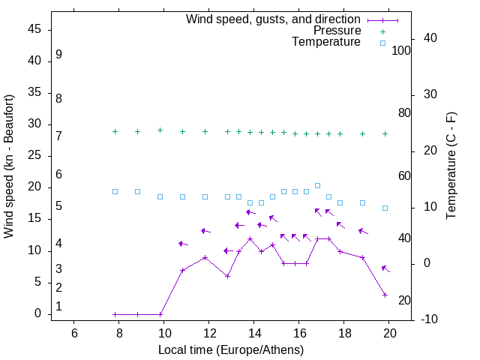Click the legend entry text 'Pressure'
coord(336,31)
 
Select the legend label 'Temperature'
coord(326,43)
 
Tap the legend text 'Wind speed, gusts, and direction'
coord(274,19)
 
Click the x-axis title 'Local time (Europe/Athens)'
coord(231,350)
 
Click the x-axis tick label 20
coord(389,333)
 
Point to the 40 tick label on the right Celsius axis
coord(421,38)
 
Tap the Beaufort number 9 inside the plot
coord(58,55)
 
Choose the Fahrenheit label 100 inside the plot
coord(401,50)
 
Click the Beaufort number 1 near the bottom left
coord(58,307)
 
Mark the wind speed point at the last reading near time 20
coord(385,295)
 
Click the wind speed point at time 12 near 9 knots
coord(205,257)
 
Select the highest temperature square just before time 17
coord(317,185)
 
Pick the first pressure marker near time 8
coord(115,131)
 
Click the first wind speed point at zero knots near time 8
coord(115,314)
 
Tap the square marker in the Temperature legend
coord(382,43)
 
